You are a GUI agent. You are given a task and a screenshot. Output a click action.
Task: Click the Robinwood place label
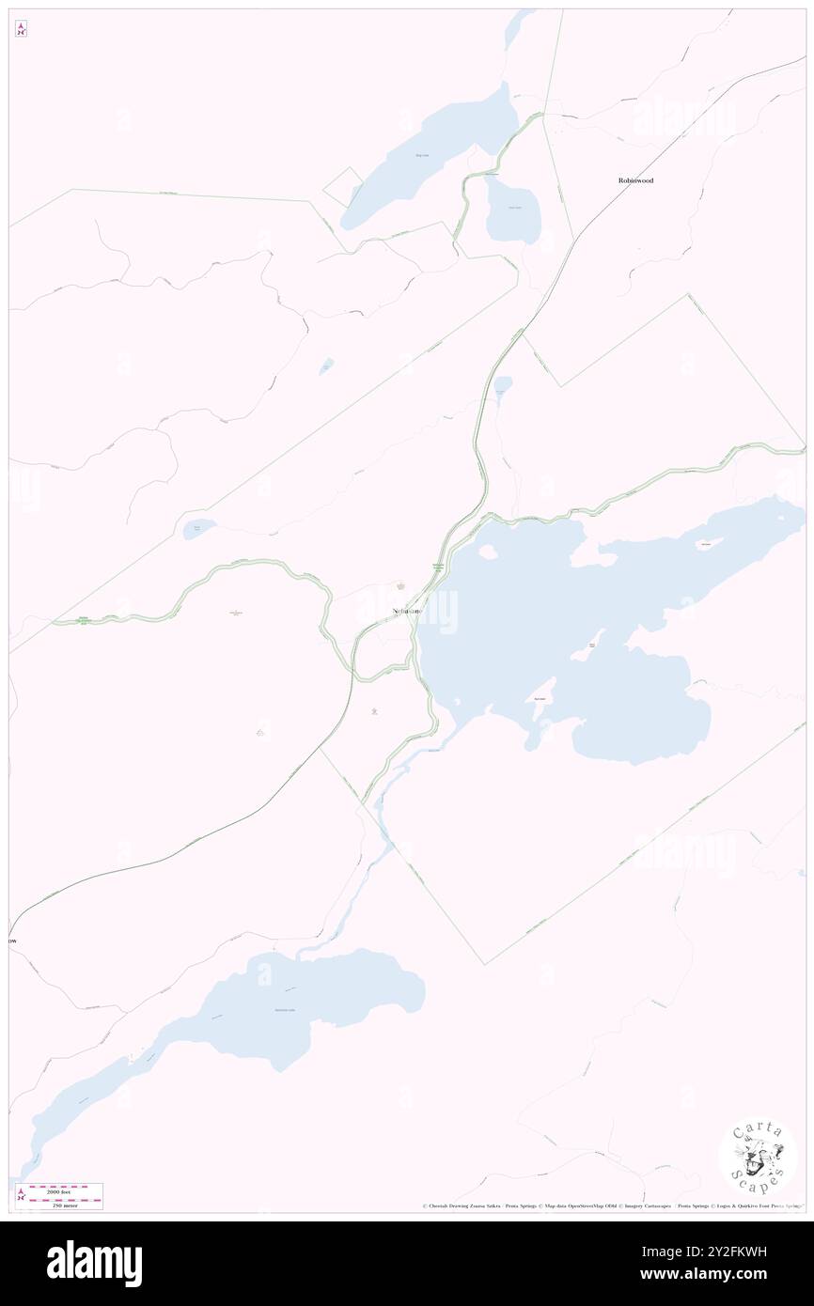pyautogui.click(x=635, y=179)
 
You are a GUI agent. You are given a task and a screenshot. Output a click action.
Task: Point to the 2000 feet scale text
pyautogui.click(x=66, y=1189)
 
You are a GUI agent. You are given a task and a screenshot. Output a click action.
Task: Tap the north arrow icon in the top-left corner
pyautogui.click(x=21, y=29)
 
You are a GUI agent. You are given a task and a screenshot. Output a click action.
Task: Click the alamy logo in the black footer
pyautogui.click(x=94, y=1264)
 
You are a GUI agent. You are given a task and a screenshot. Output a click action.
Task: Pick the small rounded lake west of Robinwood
pyautogui.click(x=513, y=211)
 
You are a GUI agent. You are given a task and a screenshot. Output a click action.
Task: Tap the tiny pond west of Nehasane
pyautogui.click(x=198, y=529)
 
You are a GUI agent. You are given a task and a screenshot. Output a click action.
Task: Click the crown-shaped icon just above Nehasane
pyautogui.click(x=402, y=587)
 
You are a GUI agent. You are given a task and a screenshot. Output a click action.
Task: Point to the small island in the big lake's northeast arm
pyautogui.click(x=706, y=545)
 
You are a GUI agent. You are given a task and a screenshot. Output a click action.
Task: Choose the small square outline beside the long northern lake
pyautogui.click(x=343, y=187)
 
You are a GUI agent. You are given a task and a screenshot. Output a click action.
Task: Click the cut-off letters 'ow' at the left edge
pyautogui.click(x=13, y=941)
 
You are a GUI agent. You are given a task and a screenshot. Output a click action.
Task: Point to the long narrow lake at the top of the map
pyautogui.click(x=432, y=155)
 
